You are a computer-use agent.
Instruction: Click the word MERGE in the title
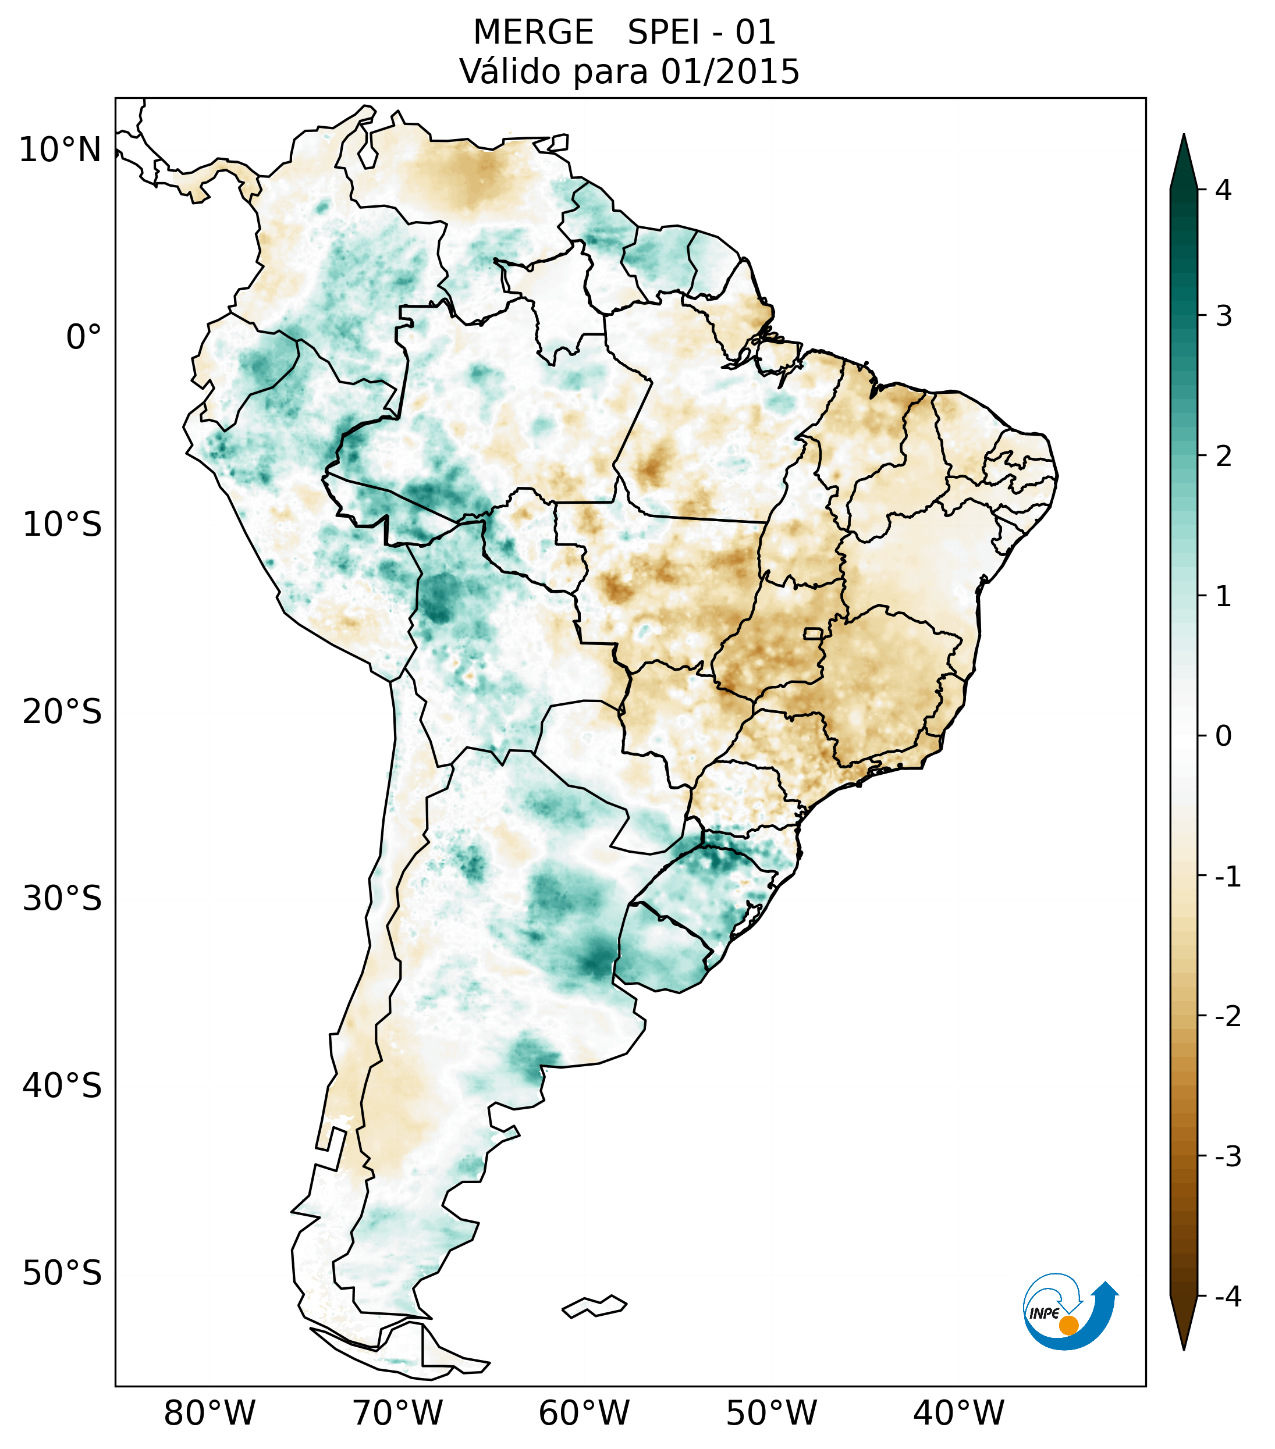(x=532, y=33)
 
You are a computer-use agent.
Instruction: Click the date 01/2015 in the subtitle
(x=730, y=72)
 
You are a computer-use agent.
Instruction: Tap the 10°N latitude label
(x=61, y=150)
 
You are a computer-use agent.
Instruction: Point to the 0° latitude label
(x=84, y=337)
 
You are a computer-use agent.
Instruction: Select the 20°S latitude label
(x=62, y=712)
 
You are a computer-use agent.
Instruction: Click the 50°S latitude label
(x=62, y=1273)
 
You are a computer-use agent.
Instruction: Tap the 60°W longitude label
(x=584, y=1412)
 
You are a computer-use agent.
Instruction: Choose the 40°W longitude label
(x=959, y=1412)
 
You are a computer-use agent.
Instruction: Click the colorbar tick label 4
(x=1223, y=190)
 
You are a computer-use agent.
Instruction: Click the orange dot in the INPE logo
(x=1068, y=1325)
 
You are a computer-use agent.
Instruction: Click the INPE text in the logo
(x=1044, y=1313)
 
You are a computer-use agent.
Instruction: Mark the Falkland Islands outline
(x=594, y=1306)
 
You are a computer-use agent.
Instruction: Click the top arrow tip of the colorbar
(x=1184, y=136)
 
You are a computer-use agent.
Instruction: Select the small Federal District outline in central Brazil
(x=814, y=633)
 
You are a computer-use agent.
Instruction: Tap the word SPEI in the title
(x=662, y=33)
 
